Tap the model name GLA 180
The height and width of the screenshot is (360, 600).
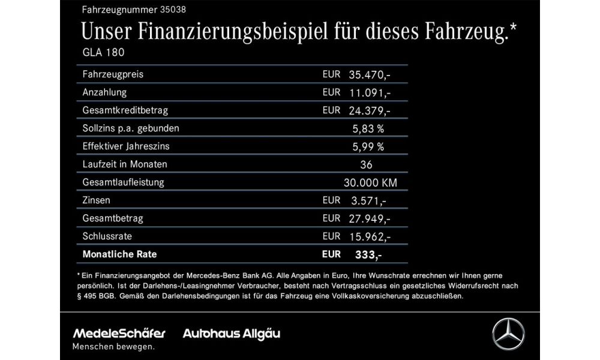point(103,52)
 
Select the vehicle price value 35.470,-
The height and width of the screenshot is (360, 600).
point(370,75)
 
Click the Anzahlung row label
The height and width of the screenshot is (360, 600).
point(104,93)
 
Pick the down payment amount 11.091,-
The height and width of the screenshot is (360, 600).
point(370,93)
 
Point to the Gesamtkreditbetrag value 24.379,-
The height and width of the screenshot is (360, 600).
point(370,111)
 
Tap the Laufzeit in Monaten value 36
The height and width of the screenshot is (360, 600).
point(367,164)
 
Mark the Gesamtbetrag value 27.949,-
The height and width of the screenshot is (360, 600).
point(370,218)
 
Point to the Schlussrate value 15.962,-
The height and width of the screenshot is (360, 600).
point(370,236)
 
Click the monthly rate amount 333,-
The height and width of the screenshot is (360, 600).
point(368,255)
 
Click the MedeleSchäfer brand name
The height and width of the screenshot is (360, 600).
point(119,334)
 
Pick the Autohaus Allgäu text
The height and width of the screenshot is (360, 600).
point(232,334)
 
